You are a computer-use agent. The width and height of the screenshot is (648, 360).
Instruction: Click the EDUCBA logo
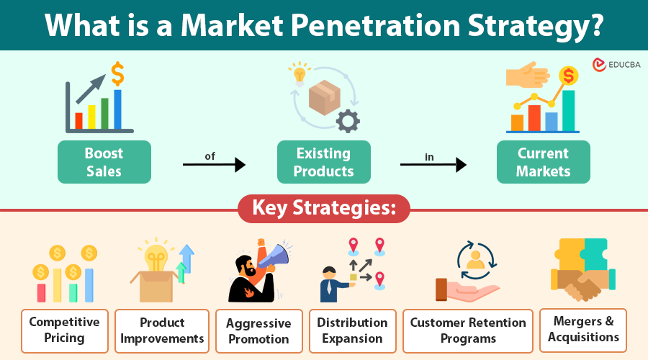click(x=616, y=65)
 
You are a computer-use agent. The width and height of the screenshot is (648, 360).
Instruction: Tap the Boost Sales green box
click(x=104, y=162)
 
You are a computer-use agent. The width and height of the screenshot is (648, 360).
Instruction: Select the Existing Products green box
click(x=324, y=162)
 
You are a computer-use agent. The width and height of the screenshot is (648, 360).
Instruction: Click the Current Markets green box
click(x=543, y=162)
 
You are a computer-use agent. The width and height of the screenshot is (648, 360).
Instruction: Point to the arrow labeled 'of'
click(x=214, y=165)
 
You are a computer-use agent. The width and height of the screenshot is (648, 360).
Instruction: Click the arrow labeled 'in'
click(x=433, y=165)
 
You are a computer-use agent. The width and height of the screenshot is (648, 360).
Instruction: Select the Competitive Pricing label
click(x=65, y=330)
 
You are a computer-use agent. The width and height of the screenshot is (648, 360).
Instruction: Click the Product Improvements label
click(x=162, y=330)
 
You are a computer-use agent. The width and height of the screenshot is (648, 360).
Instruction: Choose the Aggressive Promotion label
click(x=258, y=330)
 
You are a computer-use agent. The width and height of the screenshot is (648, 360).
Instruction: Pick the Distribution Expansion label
click(x=353, y=330)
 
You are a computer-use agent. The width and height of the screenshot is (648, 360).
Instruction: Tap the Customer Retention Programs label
click(x=468, y=330)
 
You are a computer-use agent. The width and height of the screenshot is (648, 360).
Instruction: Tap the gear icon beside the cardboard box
click(x=348, y=120)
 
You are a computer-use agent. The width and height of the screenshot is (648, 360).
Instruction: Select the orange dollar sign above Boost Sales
click(x=117, y=72)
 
